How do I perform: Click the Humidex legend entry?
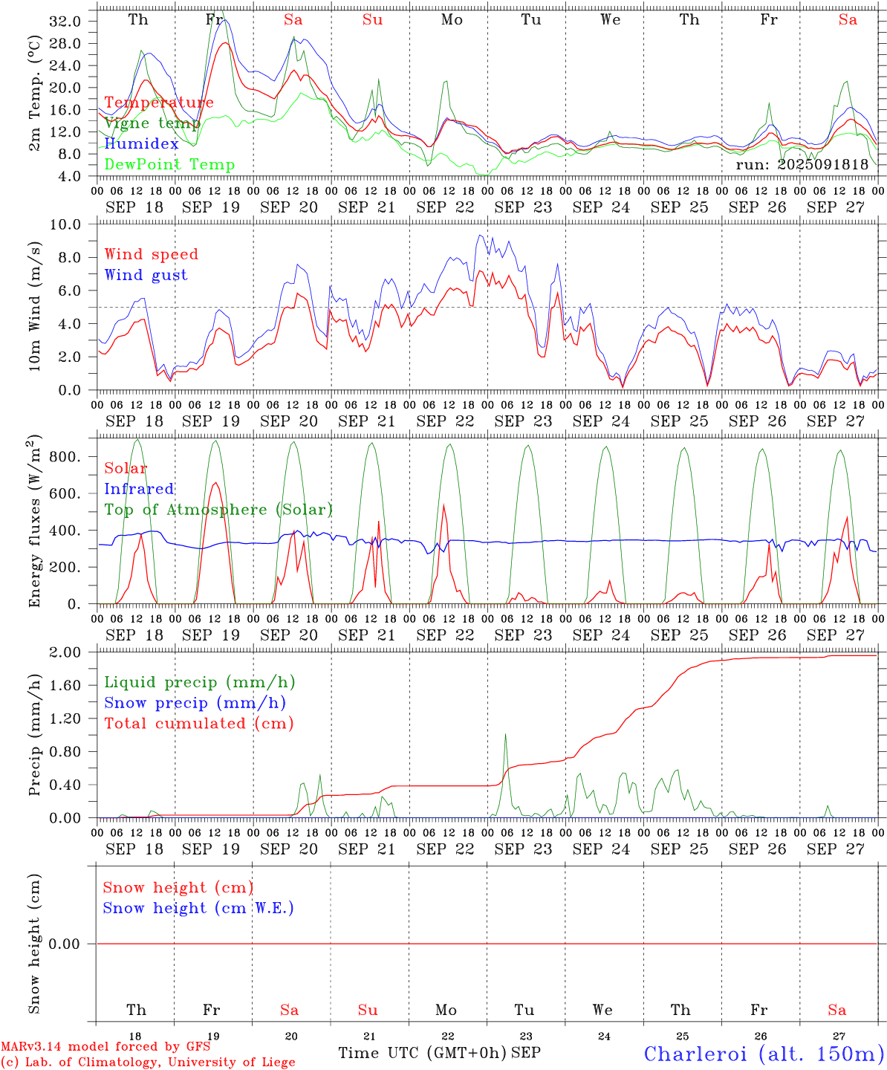141,144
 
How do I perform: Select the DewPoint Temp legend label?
169,165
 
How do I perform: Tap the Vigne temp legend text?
152,123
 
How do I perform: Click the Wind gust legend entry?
146,275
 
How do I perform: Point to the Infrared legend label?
139,489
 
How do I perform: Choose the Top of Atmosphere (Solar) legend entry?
218,510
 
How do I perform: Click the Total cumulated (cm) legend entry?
198,724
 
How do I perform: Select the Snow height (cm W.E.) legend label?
198,908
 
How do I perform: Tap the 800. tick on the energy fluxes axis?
65,457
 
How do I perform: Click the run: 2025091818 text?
802,165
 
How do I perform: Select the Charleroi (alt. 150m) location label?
764,1054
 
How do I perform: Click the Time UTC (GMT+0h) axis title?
422,1053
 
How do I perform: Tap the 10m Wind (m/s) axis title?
35,306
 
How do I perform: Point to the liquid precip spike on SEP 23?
505,735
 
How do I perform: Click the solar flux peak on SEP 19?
215,483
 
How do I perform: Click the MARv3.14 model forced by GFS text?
105,1047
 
